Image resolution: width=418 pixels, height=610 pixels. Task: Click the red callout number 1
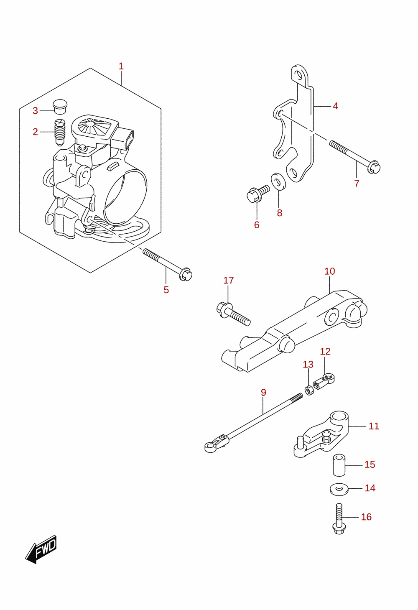pos(121,66)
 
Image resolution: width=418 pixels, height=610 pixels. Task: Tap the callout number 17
pos(229,280)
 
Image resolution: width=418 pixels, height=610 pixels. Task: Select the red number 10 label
pos(329,271)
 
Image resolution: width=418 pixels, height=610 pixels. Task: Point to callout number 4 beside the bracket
pos(335,106)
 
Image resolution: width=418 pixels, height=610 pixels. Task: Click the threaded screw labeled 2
pos(60,133)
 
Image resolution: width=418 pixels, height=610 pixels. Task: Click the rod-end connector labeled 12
pos(324,382)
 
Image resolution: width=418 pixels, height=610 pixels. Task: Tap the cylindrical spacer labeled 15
pos(339,465)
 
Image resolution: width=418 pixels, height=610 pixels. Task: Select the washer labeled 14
pos(339,489)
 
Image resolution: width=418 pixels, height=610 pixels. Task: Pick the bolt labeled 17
pos(233,314)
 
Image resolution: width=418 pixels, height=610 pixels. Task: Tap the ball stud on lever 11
pos(326,435)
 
